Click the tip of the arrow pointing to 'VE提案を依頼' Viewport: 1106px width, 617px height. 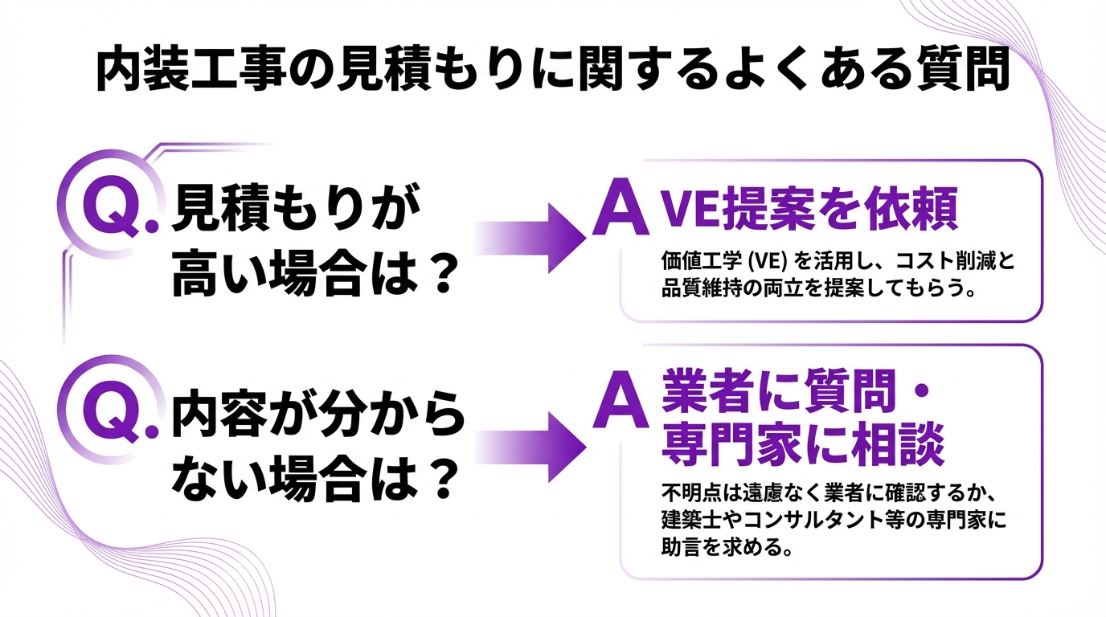tap(586, 238)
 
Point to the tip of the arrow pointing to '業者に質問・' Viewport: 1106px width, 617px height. tap(586, 447)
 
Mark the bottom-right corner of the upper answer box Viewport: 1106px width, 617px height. tap(1043, 322)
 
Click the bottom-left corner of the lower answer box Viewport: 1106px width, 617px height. tap(621, 578)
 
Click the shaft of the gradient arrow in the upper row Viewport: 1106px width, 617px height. tap(511, 238)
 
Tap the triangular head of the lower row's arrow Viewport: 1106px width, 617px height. tap(567, 447)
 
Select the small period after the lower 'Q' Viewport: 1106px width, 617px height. tap(152, 431)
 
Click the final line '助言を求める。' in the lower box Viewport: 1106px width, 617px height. tap(727, 547)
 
